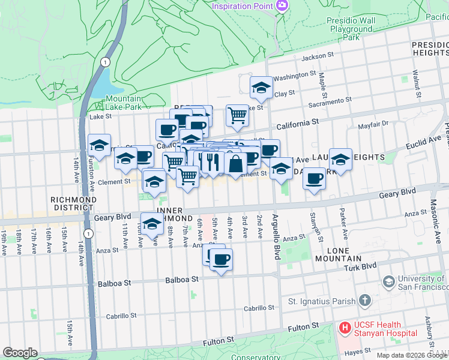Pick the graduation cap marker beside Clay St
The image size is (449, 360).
point(261,88)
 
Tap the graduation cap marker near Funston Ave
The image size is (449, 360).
point(100,145)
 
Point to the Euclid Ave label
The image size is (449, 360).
point(423,142)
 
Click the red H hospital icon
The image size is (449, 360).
point(345,328)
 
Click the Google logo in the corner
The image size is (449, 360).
point(20,353)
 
